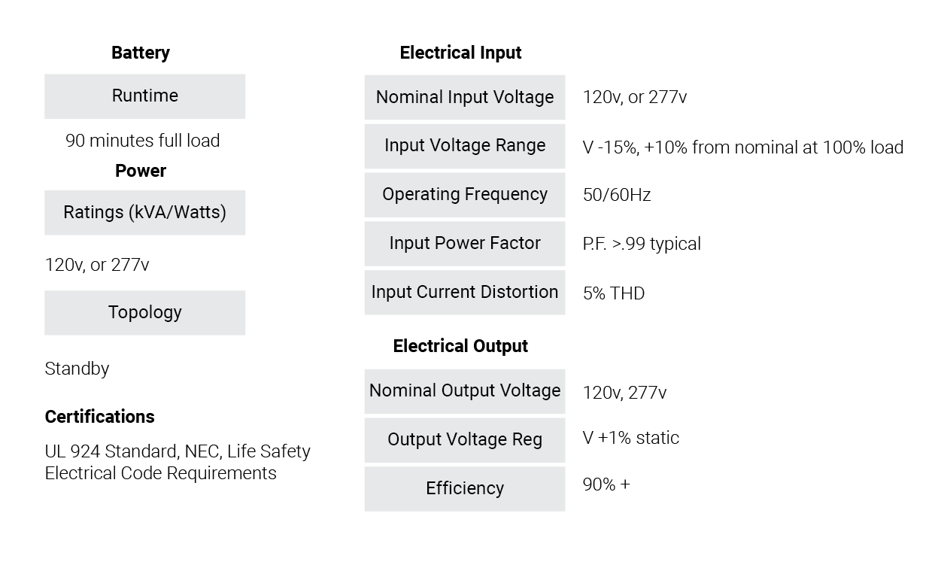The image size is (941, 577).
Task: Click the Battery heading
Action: (141, 53)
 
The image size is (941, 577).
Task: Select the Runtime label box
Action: (145, 96)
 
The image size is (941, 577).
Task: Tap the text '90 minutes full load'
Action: (143, 141)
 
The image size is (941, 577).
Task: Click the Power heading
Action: (141, 171)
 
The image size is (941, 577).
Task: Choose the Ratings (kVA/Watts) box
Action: (145, 213)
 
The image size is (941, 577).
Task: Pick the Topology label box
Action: (145, 313)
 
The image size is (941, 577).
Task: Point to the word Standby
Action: (77, 369)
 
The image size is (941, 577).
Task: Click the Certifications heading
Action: (99, 417)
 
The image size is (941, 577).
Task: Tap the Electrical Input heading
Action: (460, 53)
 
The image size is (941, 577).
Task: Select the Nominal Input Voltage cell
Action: (465, 98)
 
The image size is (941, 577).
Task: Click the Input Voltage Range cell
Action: (465, 146)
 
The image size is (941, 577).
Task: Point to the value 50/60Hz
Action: (617, 195)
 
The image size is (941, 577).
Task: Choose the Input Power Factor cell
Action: (465, 244)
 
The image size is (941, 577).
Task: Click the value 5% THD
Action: (614, 293)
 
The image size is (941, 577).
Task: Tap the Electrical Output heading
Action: (460, 346)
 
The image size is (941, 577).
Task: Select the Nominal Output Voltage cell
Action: (465, 392)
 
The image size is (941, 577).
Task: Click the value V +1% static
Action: (631, 438)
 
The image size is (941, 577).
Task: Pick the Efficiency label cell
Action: (465, 489)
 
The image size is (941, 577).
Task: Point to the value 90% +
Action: (606, 484)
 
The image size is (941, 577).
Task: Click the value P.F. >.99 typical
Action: (642, 244)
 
